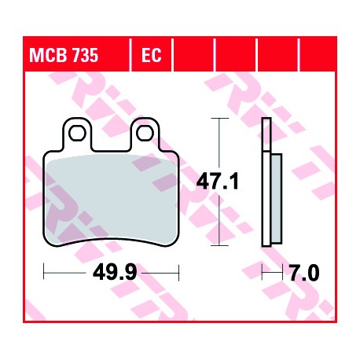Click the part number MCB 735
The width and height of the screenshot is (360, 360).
pos(64,55)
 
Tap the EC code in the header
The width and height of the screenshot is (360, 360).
pos(152,55)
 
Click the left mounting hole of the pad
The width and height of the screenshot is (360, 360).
pos(77,133)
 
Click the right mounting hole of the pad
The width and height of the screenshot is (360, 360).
pos(145,133)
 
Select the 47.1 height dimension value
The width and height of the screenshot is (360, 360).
pos(218,182)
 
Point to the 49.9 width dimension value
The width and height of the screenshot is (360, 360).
pos(115,273)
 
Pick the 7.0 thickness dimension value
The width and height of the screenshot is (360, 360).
pos(304,273)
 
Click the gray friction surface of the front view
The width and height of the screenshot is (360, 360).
pos(112,199)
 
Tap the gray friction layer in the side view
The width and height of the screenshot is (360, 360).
pos(277,199)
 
